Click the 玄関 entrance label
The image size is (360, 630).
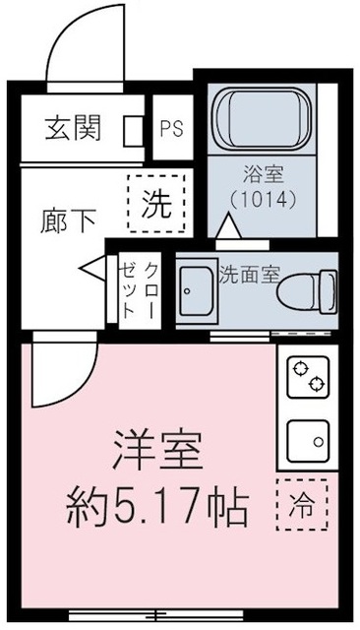pyautogui.click(x=71, y=127)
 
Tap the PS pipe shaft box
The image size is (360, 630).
pyautogui.click(x=172, y=127)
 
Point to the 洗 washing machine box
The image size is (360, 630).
pyautogui.click(x=155, y=205)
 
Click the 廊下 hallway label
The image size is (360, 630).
pyautogui.click(x=70, y=220)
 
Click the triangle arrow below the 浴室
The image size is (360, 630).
pyautogui.click(x=227, y=227)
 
